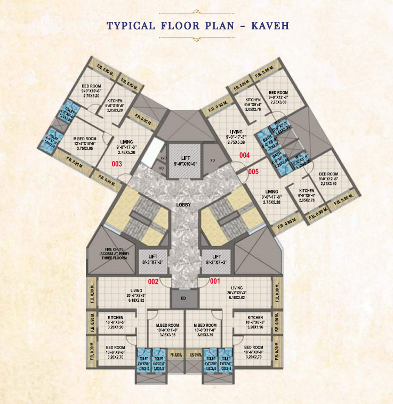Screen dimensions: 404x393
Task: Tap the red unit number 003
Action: [x=117, y=164]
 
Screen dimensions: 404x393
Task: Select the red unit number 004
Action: [x=244, y=156]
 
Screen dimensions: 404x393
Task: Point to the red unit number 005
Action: [x=253, y=172]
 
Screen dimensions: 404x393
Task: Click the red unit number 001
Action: [x=215, y=280]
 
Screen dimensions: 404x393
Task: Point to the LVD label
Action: [x=164, y=158]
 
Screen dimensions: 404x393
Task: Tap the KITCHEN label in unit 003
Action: [x=116, y=101]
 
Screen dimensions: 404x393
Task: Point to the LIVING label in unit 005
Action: [x=271, y=191]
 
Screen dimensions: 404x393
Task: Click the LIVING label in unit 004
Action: [x=235, y=132]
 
